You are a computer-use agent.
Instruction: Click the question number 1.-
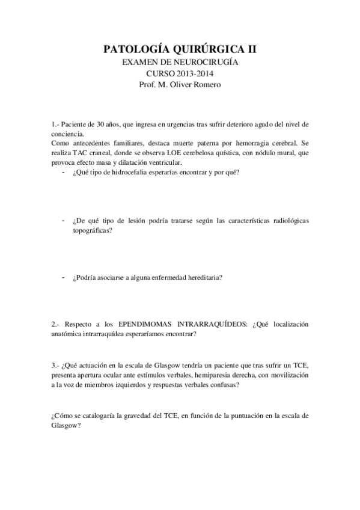tap(55, 124)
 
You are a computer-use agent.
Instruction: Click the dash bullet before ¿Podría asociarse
tap(64, 276)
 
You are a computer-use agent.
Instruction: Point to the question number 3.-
tap(55, 366)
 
